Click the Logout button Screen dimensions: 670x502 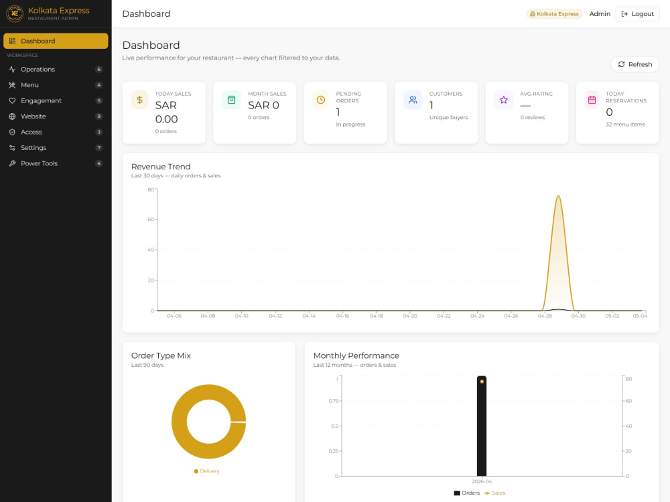[637, 14]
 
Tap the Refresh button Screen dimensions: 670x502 [634, 64]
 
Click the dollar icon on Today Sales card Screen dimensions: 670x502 [140, 100]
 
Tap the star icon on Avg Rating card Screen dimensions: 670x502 [503, 100]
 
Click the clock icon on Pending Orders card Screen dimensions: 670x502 [321, 100]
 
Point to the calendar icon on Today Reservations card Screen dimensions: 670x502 [592, 100]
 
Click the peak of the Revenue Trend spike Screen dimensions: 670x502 [558, 196]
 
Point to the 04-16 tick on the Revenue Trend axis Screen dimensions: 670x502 [342, 316]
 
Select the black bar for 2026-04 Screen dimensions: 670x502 [482, 426]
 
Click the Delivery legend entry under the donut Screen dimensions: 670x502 [206, 471]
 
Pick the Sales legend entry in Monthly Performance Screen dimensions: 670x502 [494, 493]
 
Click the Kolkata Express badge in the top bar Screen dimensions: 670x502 [554, 14]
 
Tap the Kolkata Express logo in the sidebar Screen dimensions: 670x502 [15, 13]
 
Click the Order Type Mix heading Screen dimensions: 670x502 [161, 355]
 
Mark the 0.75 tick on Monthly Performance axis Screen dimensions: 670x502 [333, 401]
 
